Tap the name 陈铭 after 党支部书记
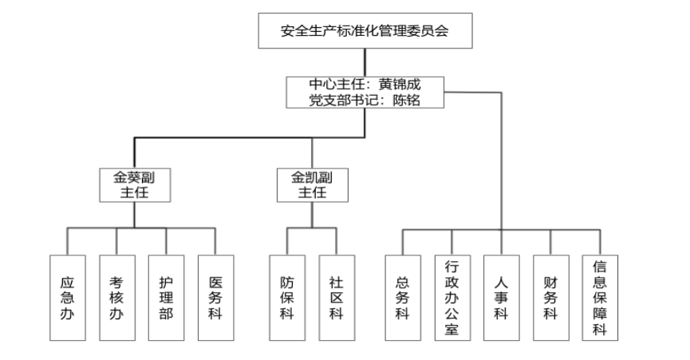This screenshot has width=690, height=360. (406, 100)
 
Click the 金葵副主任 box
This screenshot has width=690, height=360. (134, 184)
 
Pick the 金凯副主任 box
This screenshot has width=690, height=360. (312, 184)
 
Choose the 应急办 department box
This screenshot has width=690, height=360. (67, 298)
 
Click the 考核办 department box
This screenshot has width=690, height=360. (116, 298)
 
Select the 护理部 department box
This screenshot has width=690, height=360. (166, 298)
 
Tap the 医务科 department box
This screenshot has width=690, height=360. (215, 298)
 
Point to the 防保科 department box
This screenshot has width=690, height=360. (287, 298)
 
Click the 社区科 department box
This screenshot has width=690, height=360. (337, 298)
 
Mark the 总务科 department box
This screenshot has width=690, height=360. (403, 298)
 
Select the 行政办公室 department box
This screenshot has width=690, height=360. (452, 298)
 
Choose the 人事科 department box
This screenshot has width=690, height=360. (501, 298)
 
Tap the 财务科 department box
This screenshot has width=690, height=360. (550, 298)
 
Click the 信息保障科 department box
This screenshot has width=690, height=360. (600, 298)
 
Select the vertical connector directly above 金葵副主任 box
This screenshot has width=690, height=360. (134, 153)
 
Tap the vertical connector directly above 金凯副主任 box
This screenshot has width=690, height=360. (312, 153)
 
